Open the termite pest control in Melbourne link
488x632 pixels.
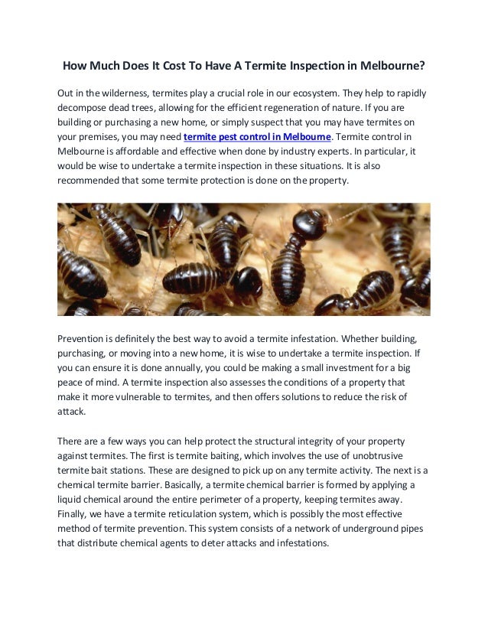258,137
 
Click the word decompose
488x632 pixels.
84,108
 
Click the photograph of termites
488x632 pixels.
243,259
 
